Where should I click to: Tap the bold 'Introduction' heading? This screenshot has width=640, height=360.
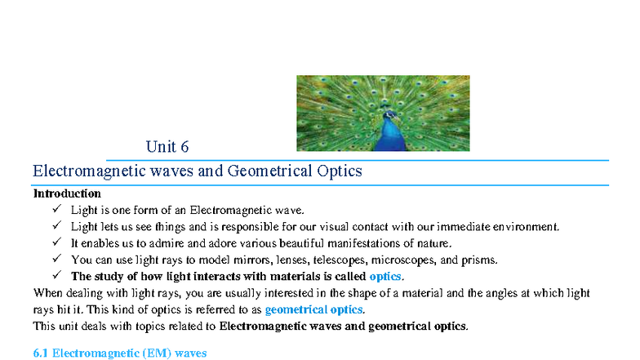tap(67, 194)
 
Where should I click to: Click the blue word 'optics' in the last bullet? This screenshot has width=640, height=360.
tap(386, 277)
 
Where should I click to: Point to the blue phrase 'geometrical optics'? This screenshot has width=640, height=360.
tap(314, 310)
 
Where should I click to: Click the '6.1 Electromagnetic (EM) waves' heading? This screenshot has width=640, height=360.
tap(119, 353)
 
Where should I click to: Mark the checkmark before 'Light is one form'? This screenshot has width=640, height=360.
tap(56, 210)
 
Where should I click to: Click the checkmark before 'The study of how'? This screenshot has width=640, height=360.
tap(56, 276)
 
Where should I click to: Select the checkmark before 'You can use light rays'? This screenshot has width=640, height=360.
tap(56, 260)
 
